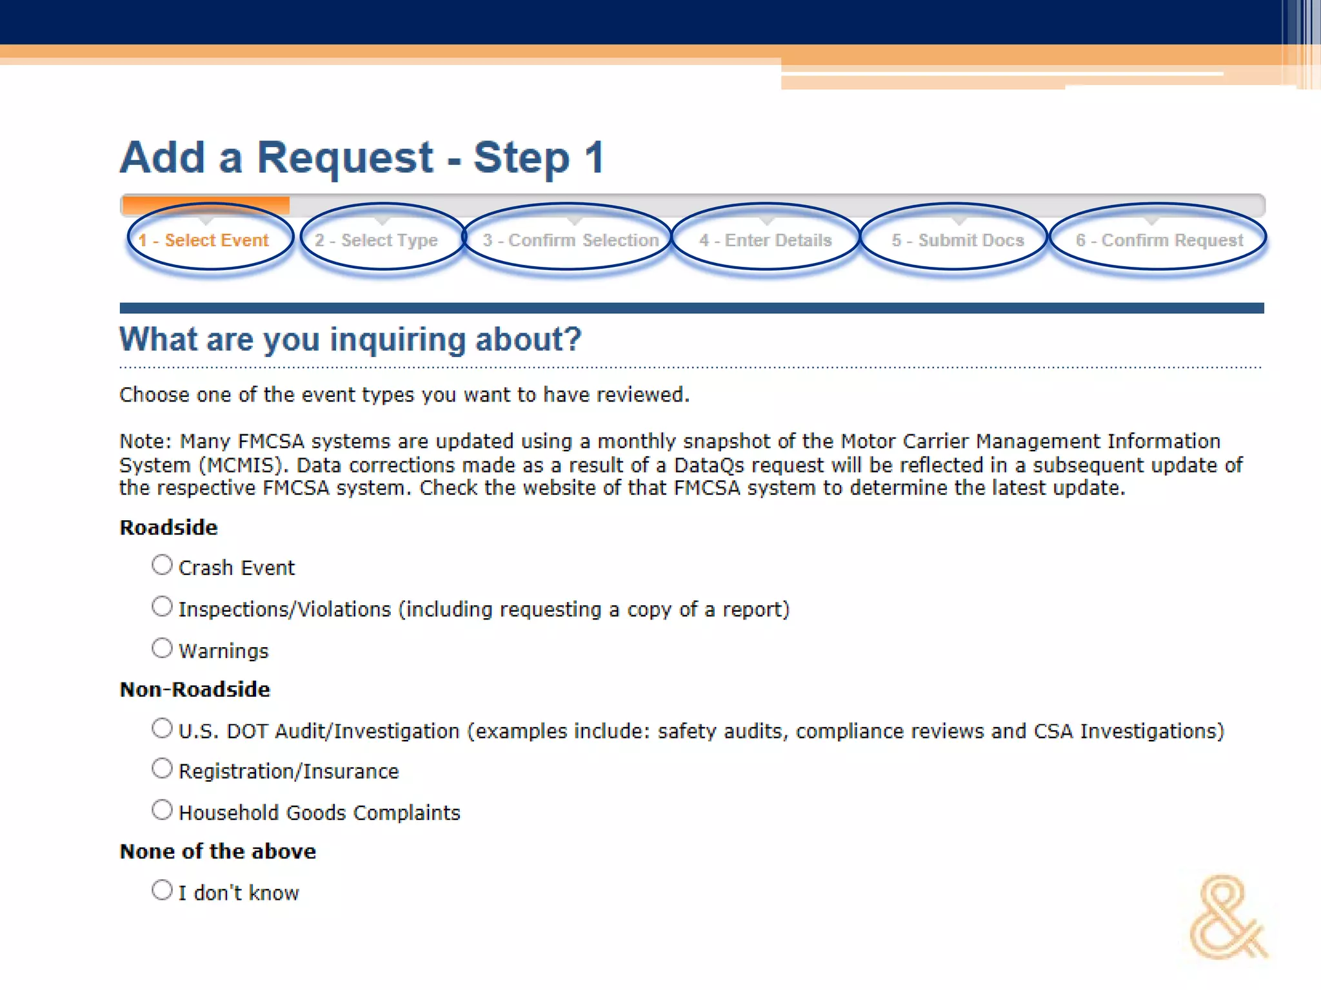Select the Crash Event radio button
[x=162, y=565]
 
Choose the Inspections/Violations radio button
[x=162, y=607]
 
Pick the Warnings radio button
[x=162, y=648]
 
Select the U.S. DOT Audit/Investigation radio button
[x=162, y=728]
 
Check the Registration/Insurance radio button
[x=162, y=768]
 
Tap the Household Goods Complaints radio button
[x=162, y=810]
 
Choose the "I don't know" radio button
[x=162, y=890]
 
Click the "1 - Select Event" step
[x=204, y=240]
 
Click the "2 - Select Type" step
[x=376, y=240]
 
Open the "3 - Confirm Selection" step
[x=571, y=240]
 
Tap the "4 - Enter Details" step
[x=766, y=240]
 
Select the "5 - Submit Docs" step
[x=958, y=240]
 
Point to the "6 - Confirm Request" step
[x=1159, y=240]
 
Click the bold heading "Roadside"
[x=169, y=528]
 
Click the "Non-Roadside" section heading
[x=195, y=690]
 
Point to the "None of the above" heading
[x=218, y=851]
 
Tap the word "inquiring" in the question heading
[x=397, y=340]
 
